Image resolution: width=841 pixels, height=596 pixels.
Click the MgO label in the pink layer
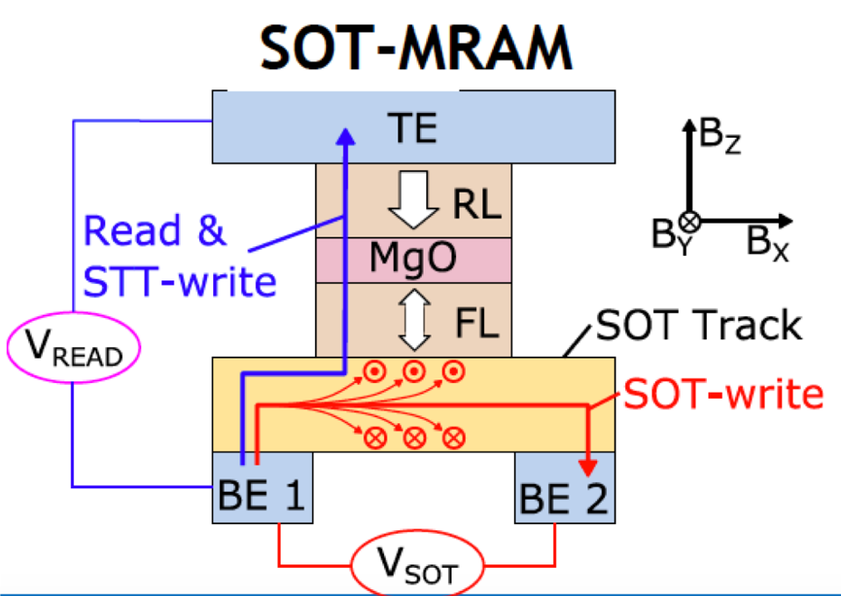pyautogui.click(x=413, y=259)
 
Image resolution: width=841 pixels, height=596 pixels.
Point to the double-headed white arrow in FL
pyautogui.click(x=413, y=320)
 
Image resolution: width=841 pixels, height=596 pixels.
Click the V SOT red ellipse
pyautogui.click(x=417, y=570)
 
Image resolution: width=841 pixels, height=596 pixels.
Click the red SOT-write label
pyautogui.click(x=723, y=395)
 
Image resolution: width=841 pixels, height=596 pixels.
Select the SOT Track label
pyautogui.click(x=698, y=325)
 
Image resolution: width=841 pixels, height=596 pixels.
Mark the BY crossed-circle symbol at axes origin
pyautogui.click(x=691, y=220)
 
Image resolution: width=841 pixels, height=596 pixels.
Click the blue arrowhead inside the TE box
pyautogui.click(x=347, y=137)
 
